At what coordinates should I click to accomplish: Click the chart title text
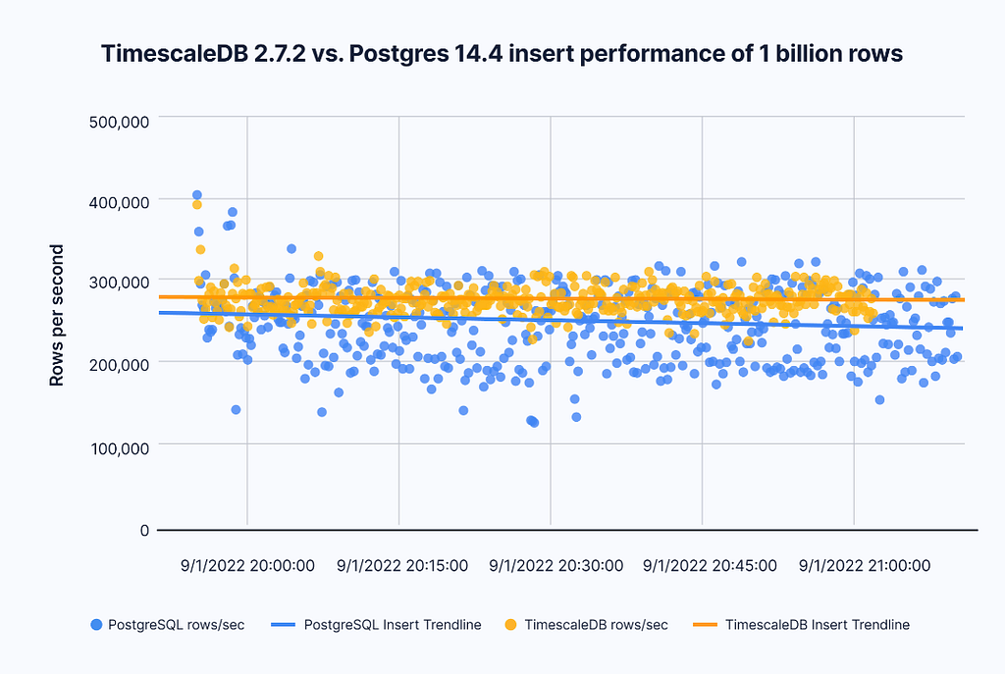[x=502, y=55]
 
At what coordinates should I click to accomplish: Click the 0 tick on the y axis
[x=142, y=530]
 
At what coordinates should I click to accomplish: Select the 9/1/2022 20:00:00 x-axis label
[x=247, y=566]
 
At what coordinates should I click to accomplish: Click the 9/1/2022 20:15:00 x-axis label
[x=402, y=566]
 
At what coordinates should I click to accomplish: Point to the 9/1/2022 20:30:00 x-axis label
[x=555, y=566]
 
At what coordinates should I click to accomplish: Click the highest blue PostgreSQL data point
[x=197, y=195]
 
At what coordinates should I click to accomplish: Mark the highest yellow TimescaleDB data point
[x=197, y=205]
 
